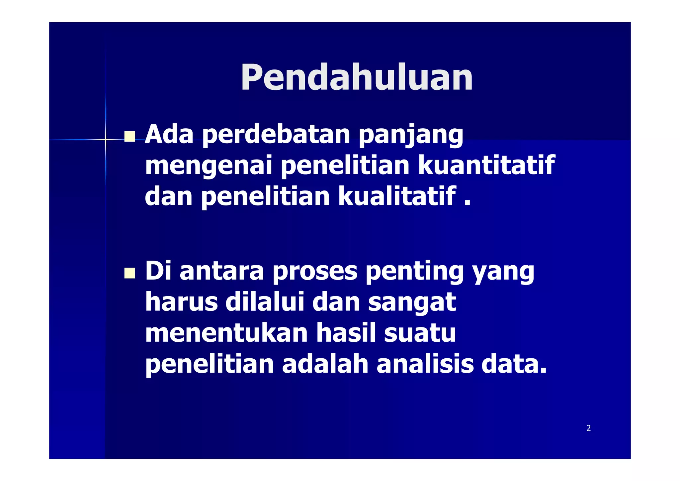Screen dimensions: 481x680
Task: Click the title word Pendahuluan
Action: point(357,77)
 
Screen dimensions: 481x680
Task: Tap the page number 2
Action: point(588,428)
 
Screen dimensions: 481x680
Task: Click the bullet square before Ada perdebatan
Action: point(129,136)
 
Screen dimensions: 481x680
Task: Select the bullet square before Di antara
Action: point(129,273)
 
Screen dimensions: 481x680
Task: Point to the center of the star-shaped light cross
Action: point(106,140)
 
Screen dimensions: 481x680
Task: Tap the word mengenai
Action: point(209,166)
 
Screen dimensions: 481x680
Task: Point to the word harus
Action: point(181,302)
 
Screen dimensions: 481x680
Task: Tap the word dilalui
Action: point(265,302)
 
